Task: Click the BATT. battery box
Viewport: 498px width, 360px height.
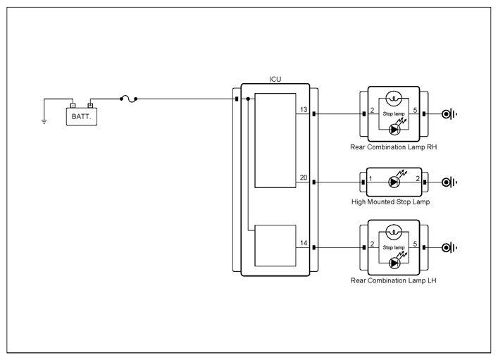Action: (x=82, y=117)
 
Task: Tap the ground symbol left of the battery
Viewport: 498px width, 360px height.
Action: (x=44, y=121)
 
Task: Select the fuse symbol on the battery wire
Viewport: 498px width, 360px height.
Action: (x=129, y=99)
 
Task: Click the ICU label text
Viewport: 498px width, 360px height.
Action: (x=275, y=79)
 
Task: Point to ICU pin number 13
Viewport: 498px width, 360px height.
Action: (x=304, y=110)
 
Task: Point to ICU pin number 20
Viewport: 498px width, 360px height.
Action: (x=304, y=178)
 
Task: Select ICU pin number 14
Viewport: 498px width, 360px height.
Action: (x=304, y=243)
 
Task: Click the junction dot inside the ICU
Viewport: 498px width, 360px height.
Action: (x=248, y=99)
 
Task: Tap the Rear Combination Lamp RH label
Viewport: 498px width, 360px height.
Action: (x=394, y=147)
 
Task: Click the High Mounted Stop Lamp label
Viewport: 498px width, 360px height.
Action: (x=391, y=201)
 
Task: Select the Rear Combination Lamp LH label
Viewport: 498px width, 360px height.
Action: (x=394, y=280)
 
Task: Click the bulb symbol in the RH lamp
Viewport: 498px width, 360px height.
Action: (x=394, y=99)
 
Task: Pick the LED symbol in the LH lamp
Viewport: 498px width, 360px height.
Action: (x=394, y=263)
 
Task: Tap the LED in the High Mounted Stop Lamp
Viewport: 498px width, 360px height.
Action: (x=394, y=182)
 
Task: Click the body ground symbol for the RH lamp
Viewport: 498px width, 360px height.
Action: (x=449, y=114)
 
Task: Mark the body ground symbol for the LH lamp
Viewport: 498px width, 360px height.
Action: (x=449, y=247)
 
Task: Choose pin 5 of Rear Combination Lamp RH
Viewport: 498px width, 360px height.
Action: (x=415, y=111)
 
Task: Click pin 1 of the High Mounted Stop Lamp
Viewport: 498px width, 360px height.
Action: (x=371, y=178)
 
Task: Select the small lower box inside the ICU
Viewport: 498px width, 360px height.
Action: (x=275, y=246)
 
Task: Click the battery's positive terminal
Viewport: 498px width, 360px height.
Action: (x=90, y=105)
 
